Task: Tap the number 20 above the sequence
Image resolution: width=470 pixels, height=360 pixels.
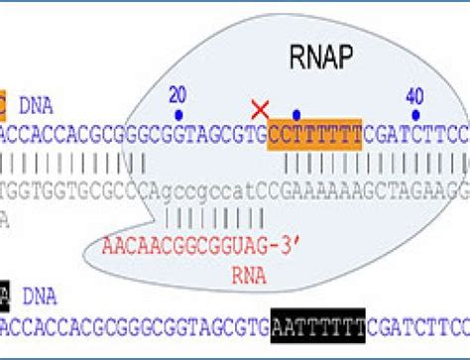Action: [x=177, y=95]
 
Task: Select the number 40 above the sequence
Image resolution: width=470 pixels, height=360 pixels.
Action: [x=414, y=95]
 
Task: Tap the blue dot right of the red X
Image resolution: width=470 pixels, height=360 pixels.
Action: [x=296, y=114]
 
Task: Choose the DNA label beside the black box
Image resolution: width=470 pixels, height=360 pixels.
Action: [x=39, y=297]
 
